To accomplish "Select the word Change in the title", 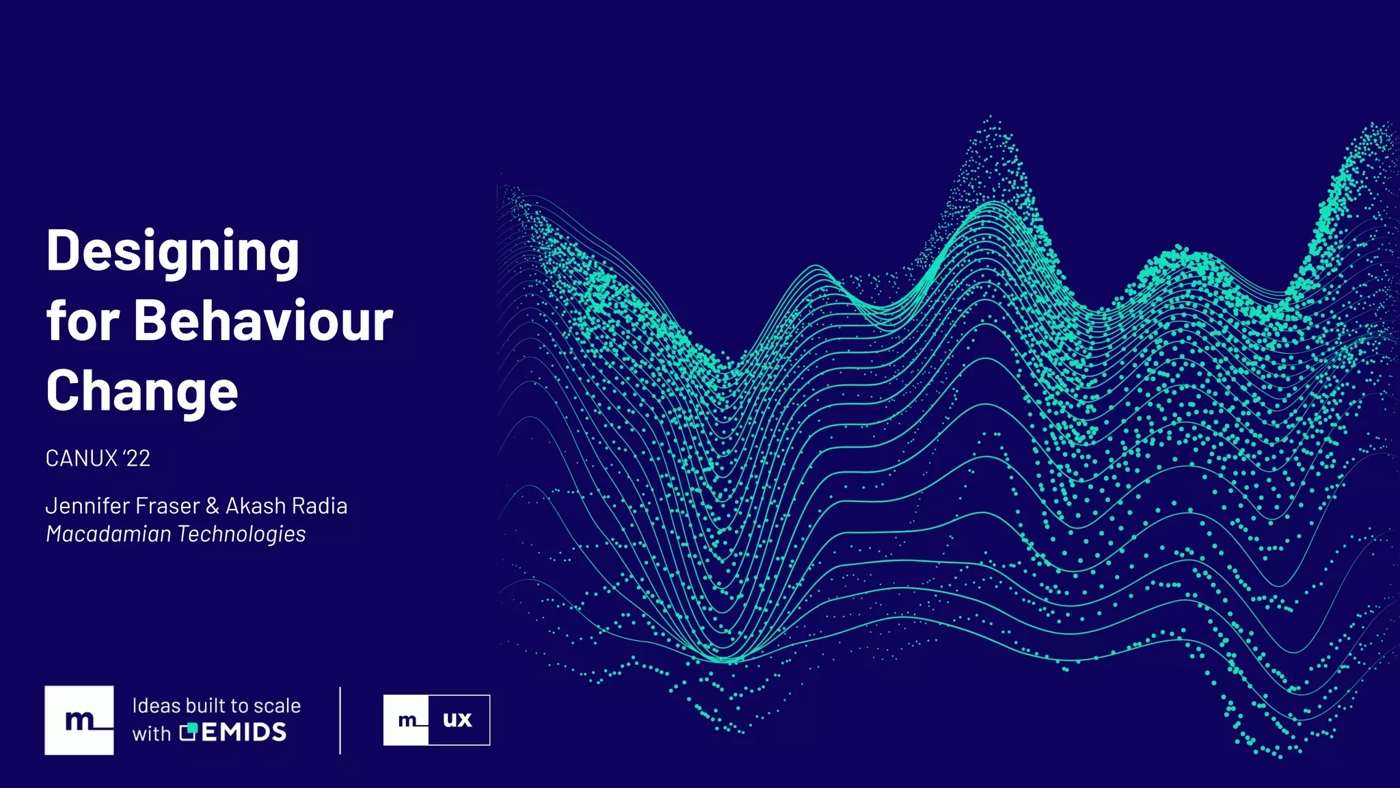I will click(142, 391).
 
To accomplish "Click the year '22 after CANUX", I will click(137, 458).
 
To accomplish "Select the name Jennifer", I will click(87, 506).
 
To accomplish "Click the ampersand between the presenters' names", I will click(213, 506).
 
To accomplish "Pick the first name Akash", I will click(256, 506).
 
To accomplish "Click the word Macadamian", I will click(108, 534).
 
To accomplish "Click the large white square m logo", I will click(79, 720).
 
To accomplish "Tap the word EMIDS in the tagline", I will click(244, 733).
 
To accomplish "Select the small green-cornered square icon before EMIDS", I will click(188, 732).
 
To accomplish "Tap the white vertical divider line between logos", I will click(340, 720).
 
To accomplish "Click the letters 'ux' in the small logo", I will click(457, 720).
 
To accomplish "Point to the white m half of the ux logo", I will click(406, 720).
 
